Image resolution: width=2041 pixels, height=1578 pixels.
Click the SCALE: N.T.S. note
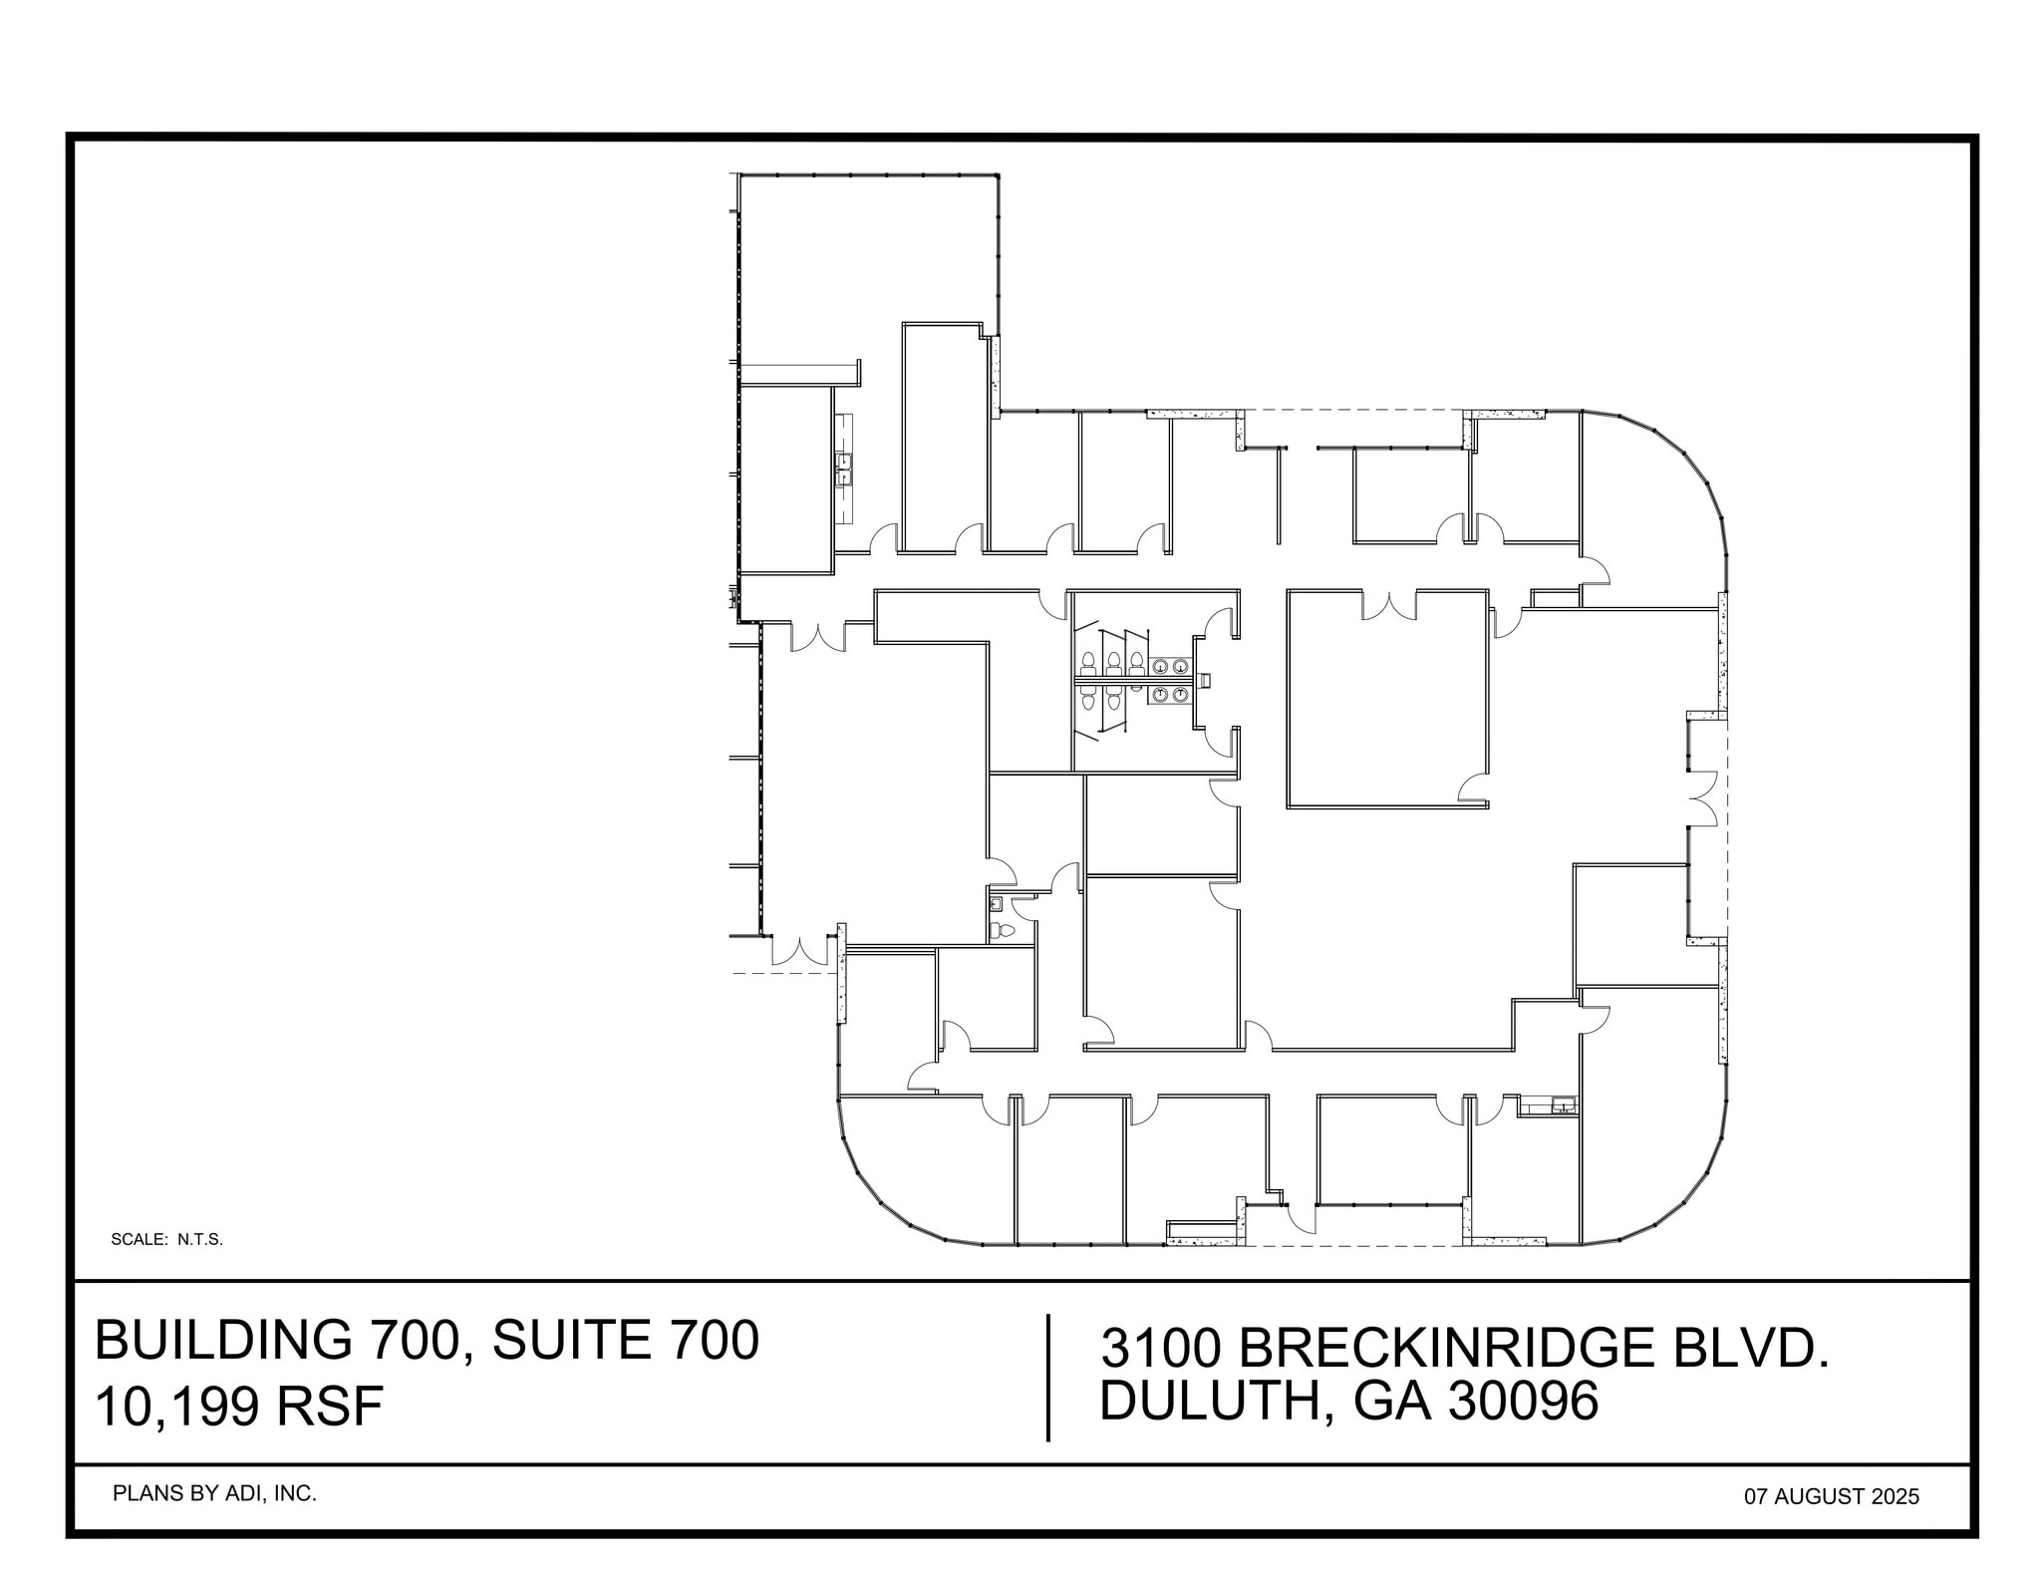coord(166,1240)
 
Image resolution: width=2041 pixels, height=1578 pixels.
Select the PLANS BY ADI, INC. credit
coord(214,1493)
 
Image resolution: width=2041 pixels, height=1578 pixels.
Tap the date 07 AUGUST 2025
coord(1831,1496)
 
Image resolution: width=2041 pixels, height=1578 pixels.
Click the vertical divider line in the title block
coord(1048,1378)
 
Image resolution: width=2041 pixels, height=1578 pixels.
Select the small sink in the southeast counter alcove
coord(1563,1105)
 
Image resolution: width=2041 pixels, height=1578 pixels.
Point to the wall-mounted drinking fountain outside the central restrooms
coord(1204,680)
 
